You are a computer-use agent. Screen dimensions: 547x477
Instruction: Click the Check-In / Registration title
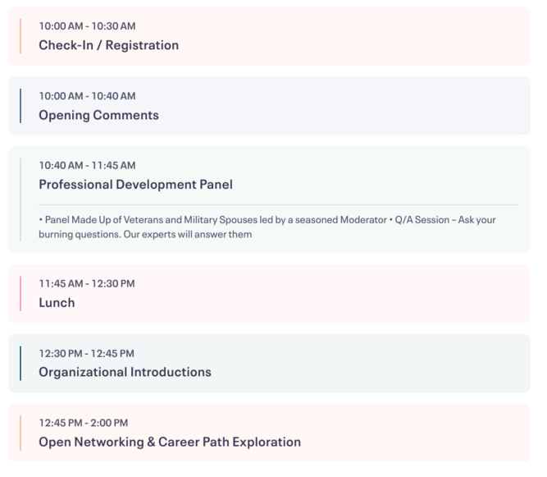(x=109, y=45)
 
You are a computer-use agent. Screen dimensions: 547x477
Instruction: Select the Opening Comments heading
(x=98, y=115)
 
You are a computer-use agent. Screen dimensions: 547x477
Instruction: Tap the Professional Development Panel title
(x=135, y=185)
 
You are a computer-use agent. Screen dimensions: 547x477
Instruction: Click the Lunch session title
(x=57, y=302)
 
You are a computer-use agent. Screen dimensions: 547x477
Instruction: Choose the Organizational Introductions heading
(x=125, y=372)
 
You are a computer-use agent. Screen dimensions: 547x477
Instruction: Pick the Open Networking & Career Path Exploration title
(x=170, y=442)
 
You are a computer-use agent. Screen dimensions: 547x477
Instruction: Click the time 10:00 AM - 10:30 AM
(x=87, y=26)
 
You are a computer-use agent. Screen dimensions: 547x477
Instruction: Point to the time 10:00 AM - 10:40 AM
(x=87, y=96)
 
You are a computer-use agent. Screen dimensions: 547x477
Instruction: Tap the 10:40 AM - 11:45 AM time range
(x=87, y=166)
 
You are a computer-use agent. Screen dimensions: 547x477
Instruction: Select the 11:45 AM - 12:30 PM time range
(x=87, y=283)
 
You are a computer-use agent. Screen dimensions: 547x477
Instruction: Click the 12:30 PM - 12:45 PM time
(x=86, y=353)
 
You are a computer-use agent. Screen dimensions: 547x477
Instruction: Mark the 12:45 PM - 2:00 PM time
(x=84, y=423)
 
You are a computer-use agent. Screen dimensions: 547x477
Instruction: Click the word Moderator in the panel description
(x=363, y=220)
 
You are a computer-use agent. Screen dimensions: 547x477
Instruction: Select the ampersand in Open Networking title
(x=151, y=442)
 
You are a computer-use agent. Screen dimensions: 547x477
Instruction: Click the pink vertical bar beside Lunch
(x=21, y=293)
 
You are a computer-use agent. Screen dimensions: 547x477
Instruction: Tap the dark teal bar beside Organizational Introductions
(x=21, y=363)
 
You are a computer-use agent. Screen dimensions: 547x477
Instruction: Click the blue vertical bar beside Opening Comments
(x=21, y=106)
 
